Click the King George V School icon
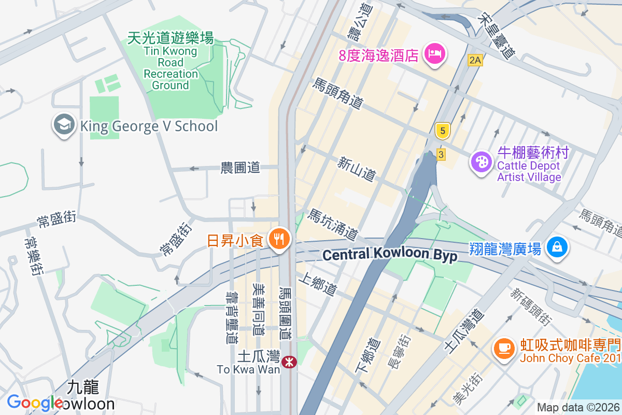click(x=64, y=126)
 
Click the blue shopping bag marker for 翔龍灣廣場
click(x=557, y=248)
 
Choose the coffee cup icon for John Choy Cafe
click(x=504, y=348)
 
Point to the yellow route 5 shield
click(x=442, y=131)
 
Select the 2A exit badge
click(x=475, y=60)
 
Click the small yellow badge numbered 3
click(x=441, y=154)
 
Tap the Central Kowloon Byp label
click(x=389, y=255)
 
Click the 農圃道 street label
click(x=240, y=168)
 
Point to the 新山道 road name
click(x=356, y=170)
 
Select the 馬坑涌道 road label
click(x=333, y=225)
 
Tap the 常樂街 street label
click(x=33, y=256)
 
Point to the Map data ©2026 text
click(x=577, y=407)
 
